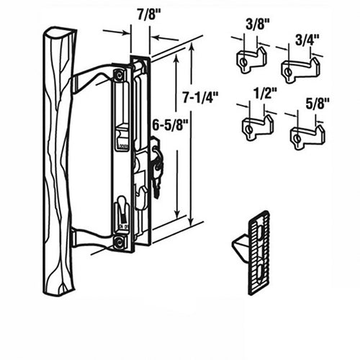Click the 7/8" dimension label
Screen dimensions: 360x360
click(x=149, y=15)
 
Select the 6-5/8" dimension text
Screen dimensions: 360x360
click(x=171, y=125)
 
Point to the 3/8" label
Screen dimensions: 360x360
click(x=258, y=24)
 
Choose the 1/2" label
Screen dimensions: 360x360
click(x=265, y=93)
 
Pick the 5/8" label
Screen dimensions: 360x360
click(x=317, y=104)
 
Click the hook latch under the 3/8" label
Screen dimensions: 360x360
click(x=252, y=60)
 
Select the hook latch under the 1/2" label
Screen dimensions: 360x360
click(x=257, y=127)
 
